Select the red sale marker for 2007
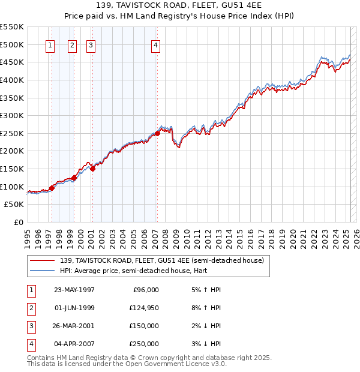157,133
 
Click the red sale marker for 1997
52,188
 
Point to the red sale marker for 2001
92,169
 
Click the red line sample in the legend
41,260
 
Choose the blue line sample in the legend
41,271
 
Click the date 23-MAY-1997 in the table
74,290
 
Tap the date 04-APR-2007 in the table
74,344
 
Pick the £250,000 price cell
144,344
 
